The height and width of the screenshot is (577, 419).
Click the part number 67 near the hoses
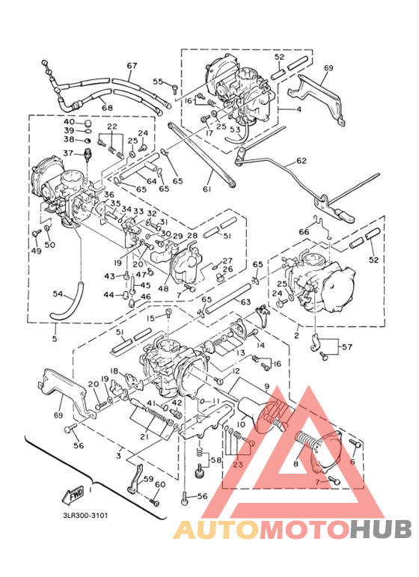(132, 66)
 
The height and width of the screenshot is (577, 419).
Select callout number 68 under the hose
(107, 108)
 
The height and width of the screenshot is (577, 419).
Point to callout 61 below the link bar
(207, 190)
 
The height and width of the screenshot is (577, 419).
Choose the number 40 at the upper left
(69, 121)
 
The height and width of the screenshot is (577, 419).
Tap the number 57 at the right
(346, 347)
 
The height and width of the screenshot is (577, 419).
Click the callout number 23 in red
(238, 464)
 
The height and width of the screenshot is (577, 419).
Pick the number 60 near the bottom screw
(159, 484)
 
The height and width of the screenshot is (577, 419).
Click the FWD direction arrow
(73, 495)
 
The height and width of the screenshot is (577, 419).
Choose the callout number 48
(162, 289)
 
